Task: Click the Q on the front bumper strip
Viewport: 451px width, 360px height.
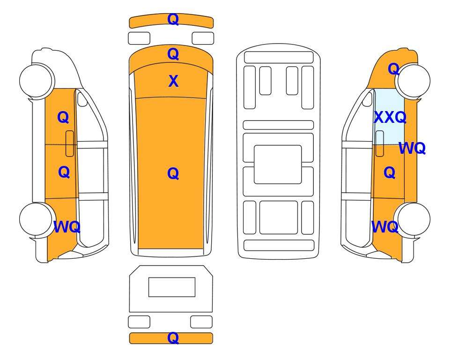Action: [x=173, y=19]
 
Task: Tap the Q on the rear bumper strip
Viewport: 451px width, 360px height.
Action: [x=173, y=338]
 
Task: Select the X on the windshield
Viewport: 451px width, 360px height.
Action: [x=173, y=81]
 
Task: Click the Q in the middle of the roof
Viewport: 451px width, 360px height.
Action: [x=173, y=173]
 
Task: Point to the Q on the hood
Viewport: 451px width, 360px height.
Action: [x=173, y=54]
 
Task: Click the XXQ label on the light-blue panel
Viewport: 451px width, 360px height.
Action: [x=390, y=117]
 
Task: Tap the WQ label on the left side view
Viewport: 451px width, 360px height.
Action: [x=67, y=227]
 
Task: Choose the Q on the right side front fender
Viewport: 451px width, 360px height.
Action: [x=394, y=69]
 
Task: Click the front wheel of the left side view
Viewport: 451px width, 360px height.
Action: [x=37, y=80]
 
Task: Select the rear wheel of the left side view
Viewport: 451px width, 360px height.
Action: [x=37, y=219]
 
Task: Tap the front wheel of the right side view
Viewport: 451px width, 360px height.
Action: [x=413, y=80]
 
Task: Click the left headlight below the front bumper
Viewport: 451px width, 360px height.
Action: [x=139, y=38]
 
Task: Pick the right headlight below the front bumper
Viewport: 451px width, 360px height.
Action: [x=203, y=38]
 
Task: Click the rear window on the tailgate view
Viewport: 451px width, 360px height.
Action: [x=172, y=287]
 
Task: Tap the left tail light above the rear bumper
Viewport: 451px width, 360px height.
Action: [x=139, y=322]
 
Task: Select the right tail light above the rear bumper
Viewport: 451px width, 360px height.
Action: [x=201, y=322]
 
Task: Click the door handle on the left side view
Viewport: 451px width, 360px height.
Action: [x=70, y=143]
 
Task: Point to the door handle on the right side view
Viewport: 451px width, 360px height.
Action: [x=380, y=143]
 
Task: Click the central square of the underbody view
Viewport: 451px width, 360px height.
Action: [x=278, y=165]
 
